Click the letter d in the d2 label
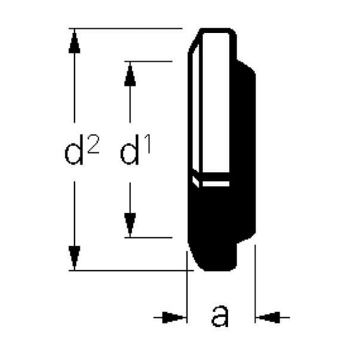click(74, 152)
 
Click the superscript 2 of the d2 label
click(93, 144)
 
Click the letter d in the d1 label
click(130, 152)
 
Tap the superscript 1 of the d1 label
click(147, 144)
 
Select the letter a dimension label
click(220, 316)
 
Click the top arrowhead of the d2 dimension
click(74, 42)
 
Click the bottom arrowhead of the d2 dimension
click(74, 257)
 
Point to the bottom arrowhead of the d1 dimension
click(130, 224)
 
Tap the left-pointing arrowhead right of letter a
click(268, 318)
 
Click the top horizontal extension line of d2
click(125, 29)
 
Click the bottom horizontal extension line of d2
click(131, 271)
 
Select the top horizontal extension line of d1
click(148, 61)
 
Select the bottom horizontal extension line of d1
click(148, 238)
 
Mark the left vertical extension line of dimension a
click(187, 287)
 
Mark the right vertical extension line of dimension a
click(255, 284)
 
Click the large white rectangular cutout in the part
click(216, 103)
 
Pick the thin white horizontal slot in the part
click(216, 184)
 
